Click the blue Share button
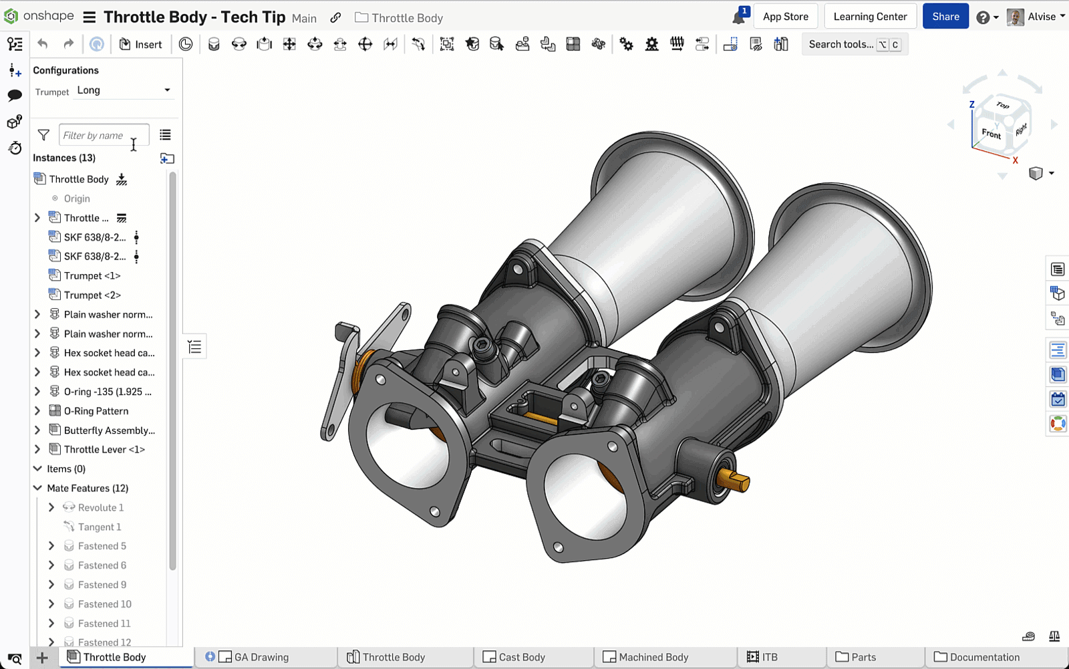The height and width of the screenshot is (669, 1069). click(x=945, y=17)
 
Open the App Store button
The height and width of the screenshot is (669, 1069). click(x=785, y=17)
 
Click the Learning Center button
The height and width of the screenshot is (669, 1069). click(x=870, y=17)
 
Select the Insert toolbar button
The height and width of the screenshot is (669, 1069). click(x=141, y=44)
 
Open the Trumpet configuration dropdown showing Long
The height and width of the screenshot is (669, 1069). click(x=124, y=90)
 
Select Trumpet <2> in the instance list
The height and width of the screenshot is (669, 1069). click(x=92, y=295)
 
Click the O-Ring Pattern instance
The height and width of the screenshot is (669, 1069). click(x=96, y=411)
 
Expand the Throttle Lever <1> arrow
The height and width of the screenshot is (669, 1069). click(x=37, y=449)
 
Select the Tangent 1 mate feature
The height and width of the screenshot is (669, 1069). click(x=99, y=527)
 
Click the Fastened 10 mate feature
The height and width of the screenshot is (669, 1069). click(x=104, y=604)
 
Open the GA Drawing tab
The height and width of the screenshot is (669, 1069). click(x=261, y=657)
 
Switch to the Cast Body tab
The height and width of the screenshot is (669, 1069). click(x=521, y=657)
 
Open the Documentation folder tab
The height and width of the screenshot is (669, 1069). click(x=983, y=657)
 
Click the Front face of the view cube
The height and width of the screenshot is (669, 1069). click(x=991, y=133)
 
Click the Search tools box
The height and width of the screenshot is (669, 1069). click(x=841, y=44)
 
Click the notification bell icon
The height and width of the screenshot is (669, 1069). click(x=738, y=17)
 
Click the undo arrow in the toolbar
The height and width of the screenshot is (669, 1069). click(x=43, y=44)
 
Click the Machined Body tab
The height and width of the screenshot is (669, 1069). click(x=653, y=657)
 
